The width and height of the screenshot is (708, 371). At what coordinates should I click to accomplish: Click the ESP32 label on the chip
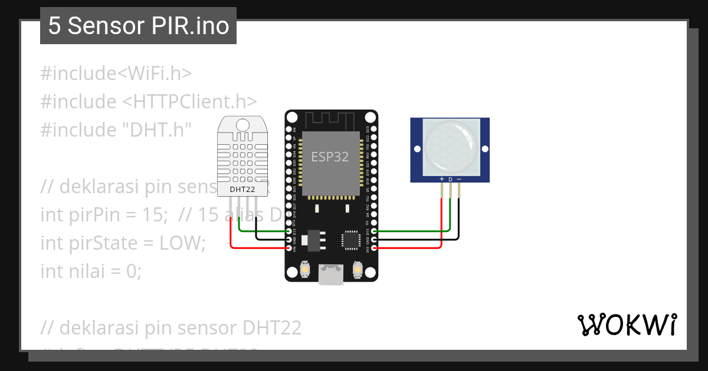[330, 157]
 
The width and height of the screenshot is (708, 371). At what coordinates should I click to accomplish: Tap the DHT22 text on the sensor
[242, 190]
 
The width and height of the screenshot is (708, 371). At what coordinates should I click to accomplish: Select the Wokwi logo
[627, 324]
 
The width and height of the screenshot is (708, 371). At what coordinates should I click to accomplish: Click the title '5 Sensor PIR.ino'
[138, 26]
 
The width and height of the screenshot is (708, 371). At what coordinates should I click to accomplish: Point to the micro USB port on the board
[331, 275]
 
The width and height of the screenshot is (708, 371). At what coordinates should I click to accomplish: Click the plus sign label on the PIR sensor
[442, 179]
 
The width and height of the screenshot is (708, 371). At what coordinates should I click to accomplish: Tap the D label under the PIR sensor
[450, 179]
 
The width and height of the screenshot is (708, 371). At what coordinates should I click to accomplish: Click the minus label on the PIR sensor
[459, 179]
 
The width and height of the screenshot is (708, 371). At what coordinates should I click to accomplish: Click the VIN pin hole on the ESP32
[289, 248]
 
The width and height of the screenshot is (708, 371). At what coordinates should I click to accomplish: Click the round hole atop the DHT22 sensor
[242, 124]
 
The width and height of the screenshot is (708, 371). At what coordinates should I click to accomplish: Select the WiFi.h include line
[116, 74]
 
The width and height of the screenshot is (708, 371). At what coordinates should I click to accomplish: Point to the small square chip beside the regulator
[351, 240]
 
